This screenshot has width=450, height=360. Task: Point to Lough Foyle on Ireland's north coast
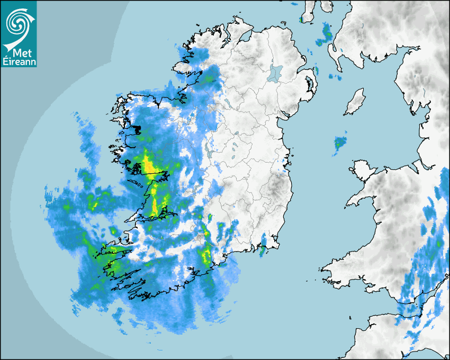[245, 37]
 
